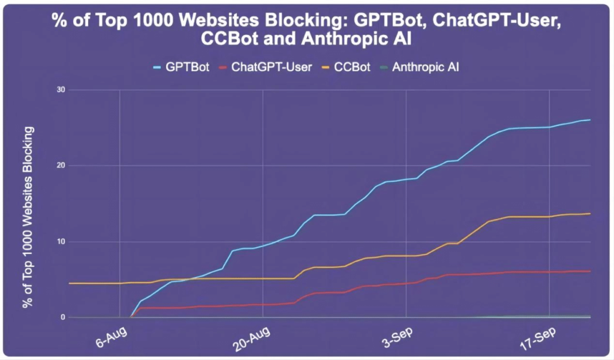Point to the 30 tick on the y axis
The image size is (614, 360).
point(61,89)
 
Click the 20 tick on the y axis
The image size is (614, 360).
point(61,166)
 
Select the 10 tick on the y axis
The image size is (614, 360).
point(61,242)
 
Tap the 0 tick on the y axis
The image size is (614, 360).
point(62,317)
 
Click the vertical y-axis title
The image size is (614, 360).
point(27,217)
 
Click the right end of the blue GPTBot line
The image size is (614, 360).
point(591,120)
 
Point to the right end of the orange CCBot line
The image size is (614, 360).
point(591,214)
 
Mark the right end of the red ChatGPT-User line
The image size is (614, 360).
point(591,271)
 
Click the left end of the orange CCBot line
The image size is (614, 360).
point(70,283)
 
